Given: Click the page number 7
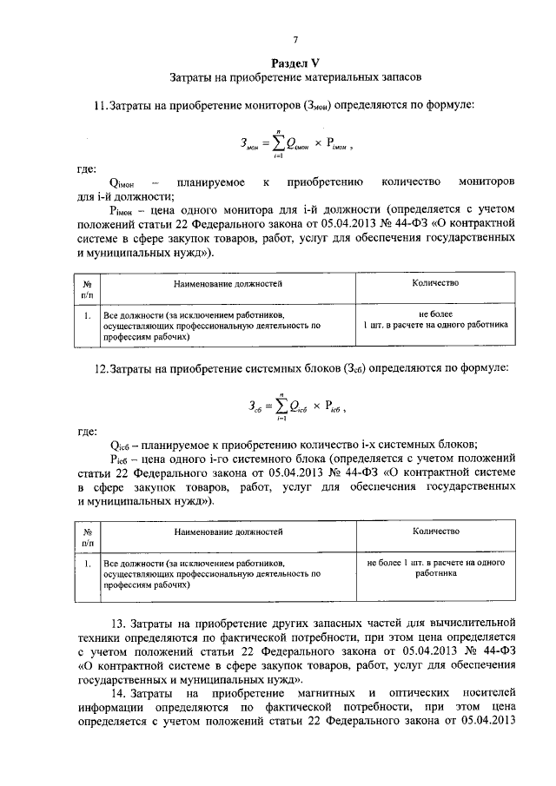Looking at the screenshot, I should pyautogui.click(x=295, y=40).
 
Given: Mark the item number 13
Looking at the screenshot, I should pyautogui.click(x=121, y=624).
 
